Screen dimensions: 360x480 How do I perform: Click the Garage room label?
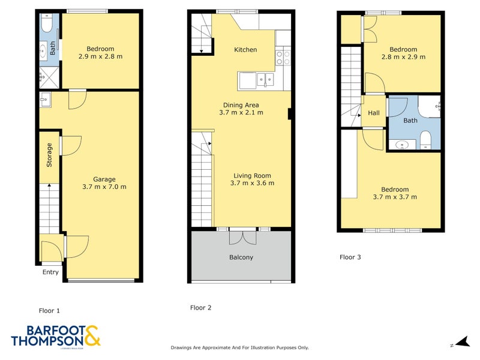[x=104, y=179]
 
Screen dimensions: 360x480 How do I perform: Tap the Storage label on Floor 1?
[x=50, y=154]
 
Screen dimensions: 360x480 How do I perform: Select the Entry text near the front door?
[x=50, y=272]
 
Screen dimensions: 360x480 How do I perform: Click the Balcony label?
[x=241, y=257]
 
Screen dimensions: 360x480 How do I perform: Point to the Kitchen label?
[x=245, y=50]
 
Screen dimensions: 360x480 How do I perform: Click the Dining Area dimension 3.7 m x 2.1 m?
[x=241, y=112]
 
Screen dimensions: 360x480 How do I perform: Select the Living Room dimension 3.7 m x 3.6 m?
[x=253, y=184]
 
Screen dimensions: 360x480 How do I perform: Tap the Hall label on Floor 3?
[x=374, y=113]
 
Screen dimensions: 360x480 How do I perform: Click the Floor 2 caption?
[x=200, y=308]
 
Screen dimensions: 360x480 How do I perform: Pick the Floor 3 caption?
[x=350, y=257]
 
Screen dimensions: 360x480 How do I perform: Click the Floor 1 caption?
[x=49, y=311]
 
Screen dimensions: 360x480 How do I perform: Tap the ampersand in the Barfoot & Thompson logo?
[x=92, y=336]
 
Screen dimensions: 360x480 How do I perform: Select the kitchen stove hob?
[x=283, y=58]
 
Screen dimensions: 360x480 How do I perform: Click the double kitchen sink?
[x=264, y=79]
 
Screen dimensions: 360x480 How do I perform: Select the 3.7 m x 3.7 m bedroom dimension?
[x=395, y=197]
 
